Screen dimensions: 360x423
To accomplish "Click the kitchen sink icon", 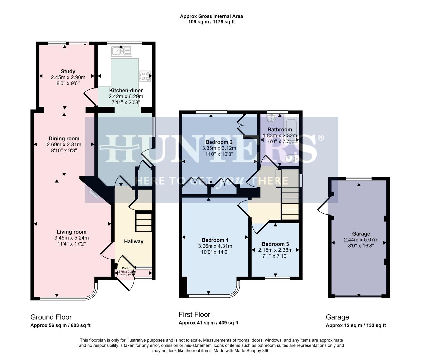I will coord(122,51).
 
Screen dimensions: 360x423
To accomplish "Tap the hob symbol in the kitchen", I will coord(145,76).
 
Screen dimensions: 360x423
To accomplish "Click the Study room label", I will coord(68,71).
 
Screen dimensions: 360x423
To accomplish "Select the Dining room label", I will coord(64,139).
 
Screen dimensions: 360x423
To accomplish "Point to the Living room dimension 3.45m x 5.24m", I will coord(71,238).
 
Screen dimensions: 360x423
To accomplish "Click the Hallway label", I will coord(134,242).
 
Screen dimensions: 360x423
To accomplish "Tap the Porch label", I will coord(126,268).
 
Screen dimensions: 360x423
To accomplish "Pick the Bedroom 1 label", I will coord(215,240).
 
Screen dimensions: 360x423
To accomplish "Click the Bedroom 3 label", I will coord(275,244).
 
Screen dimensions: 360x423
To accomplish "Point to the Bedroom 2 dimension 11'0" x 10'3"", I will coord(219,154).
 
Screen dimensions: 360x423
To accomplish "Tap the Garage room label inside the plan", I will coord(361,234).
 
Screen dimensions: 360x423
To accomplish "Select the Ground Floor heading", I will coord(51,317).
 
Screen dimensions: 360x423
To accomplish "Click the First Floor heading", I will coord(194,314).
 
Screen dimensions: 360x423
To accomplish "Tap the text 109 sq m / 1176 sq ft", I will coord(211,22).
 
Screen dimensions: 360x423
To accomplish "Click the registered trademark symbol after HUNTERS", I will coord(320,137).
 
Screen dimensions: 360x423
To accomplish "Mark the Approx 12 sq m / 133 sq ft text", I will coord(356,326).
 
